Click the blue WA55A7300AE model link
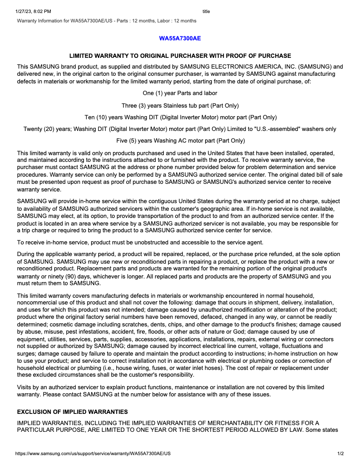coord(180,38)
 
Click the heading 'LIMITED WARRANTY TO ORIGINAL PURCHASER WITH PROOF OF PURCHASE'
coord(180,56)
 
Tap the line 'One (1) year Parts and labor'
coord(180,93)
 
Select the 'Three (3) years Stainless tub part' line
coord(180,106)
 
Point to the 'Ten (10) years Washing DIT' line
coord(180,117)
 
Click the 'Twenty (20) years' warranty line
coord(180,129)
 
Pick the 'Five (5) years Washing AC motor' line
coord(180,141)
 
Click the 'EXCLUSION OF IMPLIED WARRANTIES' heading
coord(72,412)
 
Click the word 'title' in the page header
coord(206,11)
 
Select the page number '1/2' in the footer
coord(340,454)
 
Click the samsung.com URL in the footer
coord(93,454)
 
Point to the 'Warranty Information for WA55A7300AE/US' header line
coord(107,21)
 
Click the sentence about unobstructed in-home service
coord(140,243)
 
